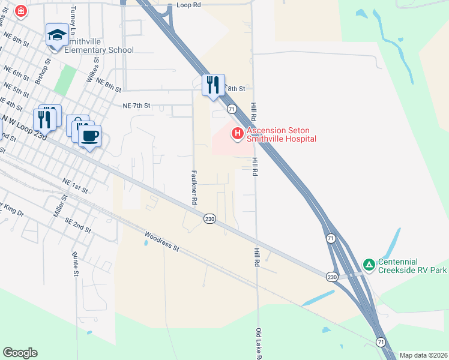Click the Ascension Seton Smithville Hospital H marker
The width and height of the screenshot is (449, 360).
coord(237,133)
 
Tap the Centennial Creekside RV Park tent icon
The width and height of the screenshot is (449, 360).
coord(369,264)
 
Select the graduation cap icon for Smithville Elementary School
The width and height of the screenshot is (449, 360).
coord(57,35)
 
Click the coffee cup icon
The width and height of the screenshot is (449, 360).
coord(89,136)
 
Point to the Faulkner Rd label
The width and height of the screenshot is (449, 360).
coord(194,187)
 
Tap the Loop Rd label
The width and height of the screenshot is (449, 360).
coord(187,5)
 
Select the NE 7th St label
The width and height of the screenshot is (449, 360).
coord(136,105)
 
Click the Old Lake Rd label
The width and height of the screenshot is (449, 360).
coord(258,344)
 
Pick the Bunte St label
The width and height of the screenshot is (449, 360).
coord(76,265)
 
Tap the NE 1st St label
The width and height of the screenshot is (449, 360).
coord(75,185)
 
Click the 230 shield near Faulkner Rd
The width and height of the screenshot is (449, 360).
coord(209,219)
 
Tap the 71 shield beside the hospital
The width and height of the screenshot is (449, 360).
coord(231,109)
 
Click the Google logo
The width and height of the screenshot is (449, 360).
coord(20,353)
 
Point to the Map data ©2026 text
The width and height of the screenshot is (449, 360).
coord(423,355)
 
